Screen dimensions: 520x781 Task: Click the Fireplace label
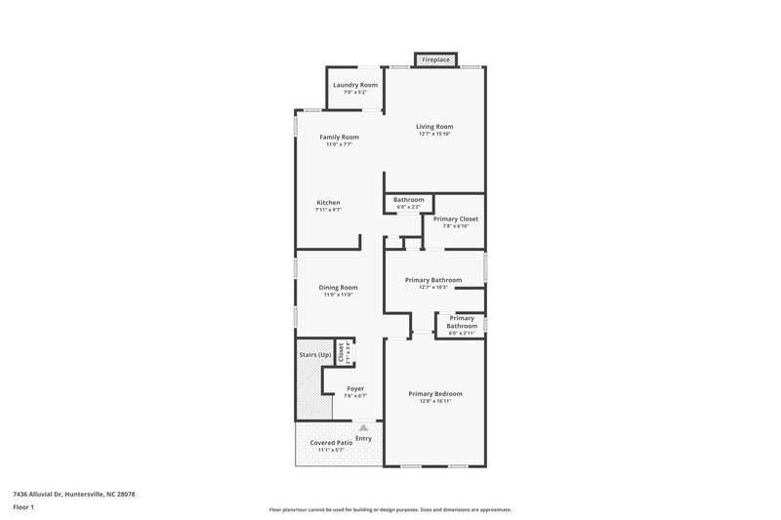coord(435,60)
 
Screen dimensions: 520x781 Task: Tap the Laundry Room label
coord(354,85)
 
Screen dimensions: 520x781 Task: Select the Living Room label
coord(434,126)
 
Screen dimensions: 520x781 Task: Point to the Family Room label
coord(340,137)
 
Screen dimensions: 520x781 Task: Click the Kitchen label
coord(328,202)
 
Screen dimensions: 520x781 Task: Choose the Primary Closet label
coord(456,220)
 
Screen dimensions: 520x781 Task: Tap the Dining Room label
coord(339,287)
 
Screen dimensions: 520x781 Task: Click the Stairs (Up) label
coord(314,354)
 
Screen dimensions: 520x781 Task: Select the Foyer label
coord(355,388)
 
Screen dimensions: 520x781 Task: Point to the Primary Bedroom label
coord(435,393)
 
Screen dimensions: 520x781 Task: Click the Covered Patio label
coord(331,442)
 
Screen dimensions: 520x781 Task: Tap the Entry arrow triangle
coord(363,427)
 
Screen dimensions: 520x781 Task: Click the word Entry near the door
coord(363,438)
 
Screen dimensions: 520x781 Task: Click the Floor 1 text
coord(22,508)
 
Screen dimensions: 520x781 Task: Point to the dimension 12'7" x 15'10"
coord(435,134)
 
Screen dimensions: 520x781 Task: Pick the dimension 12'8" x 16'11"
coord(435,401)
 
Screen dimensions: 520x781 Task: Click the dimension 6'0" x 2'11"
coord(461,334)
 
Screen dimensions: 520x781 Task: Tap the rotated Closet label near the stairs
coord(341,352)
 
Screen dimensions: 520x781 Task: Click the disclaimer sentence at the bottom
coord(390,509)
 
